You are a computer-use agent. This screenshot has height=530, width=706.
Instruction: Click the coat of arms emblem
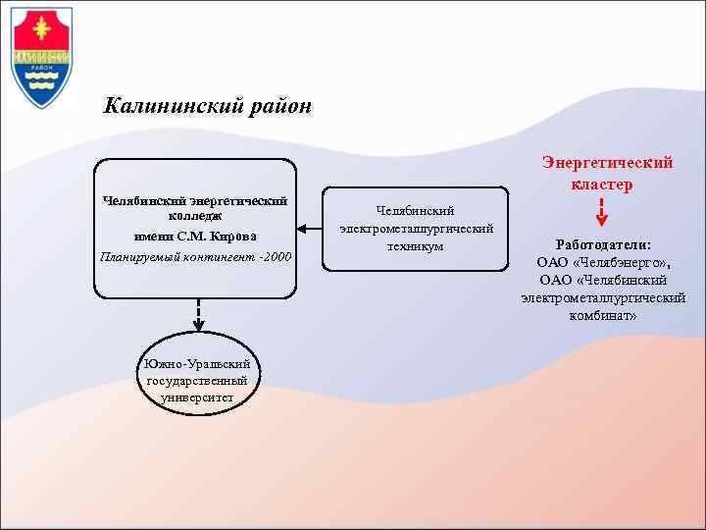pyautogui.click(x=41, y=57)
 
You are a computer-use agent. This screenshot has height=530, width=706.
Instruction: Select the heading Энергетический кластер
pyautogui.click(x=607, y=173)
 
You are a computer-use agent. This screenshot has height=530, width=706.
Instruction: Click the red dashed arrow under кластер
pyautogui.click(x=602, y=213)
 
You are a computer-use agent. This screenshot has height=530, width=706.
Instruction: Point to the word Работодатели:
pyautogui.click(x=603, y=244)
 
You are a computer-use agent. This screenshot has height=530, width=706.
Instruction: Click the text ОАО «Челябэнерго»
pyautogui.click(x=602, y=262)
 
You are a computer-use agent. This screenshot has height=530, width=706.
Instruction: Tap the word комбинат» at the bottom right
pyautogui.click(x=603, y=316)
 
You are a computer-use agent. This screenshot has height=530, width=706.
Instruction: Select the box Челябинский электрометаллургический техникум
pyautogui.click(x=416, y=229)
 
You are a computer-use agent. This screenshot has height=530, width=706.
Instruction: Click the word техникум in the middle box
pyautogui.click(x=416, y=246)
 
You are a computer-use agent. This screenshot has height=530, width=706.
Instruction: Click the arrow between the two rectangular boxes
pyautogui.click(x=311, y=229)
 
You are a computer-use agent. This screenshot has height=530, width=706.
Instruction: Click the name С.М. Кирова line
pyautogui.click(x=195, y=236)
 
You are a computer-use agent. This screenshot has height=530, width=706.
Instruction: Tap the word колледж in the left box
pyautogui.click(x=195, y=215)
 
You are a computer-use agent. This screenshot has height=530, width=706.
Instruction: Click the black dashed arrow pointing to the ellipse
pyautogui.click(x=198, y=314)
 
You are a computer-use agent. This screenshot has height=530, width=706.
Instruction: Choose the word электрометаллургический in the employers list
pyautogui.click(x=603, y=298)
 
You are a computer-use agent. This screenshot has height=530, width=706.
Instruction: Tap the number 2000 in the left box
pyautogui.click(x=277, y=257)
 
